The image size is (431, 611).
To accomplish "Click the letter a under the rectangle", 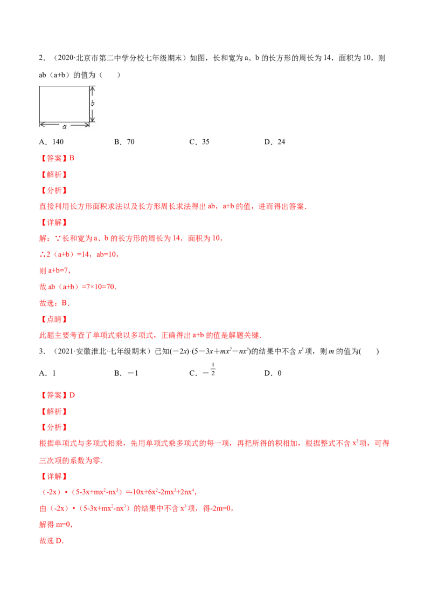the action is coord(65,126).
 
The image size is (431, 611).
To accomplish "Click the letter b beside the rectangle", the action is coord(93,103).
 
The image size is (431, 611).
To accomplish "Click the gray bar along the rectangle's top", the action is coord(65,84).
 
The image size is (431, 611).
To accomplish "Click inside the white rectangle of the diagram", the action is coord(64,104).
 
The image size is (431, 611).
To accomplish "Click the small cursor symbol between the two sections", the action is coord(213,368).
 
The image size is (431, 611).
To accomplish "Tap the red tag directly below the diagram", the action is coord(58,158).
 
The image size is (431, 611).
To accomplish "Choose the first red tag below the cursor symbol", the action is coord(58,396).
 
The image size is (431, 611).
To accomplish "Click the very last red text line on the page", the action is coord(52,540).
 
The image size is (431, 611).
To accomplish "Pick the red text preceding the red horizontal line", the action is coord(135,508).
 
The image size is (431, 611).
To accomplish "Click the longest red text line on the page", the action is coord(214,444).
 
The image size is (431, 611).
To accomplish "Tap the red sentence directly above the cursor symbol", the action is coord(150,336).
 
